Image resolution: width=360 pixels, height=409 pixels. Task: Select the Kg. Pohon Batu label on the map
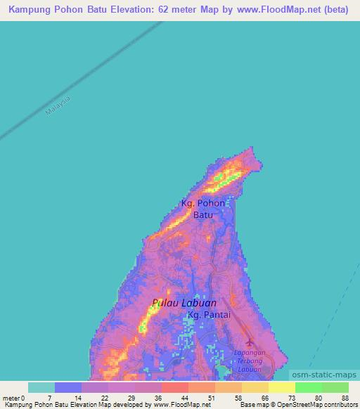pos(203,209)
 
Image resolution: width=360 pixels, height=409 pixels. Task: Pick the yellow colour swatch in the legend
pos(281,387)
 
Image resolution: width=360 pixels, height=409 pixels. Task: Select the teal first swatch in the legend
pos(41,387)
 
